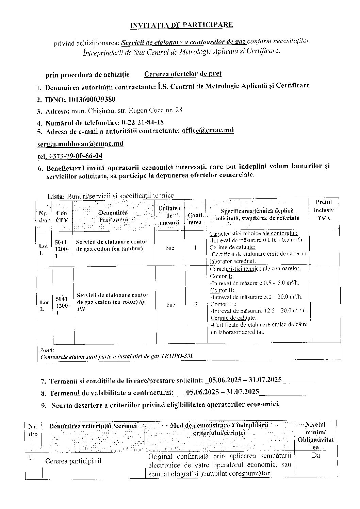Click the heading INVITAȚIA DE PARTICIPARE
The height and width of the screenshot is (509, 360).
click(182, 25)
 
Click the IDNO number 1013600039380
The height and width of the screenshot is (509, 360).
click(92, 99)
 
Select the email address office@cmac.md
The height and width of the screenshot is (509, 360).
click(208, 130)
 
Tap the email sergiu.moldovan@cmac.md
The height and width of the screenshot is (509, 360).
click(80, 143)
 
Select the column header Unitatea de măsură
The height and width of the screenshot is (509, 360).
click(169, 215)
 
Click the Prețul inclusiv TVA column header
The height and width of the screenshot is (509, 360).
click(324, 210)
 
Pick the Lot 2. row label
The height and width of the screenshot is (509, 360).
click(44, 305)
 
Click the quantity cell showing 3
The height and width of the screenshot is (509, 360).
click(196, 305)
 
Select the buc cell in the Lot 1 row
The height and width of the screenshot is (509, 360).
click(170, 248)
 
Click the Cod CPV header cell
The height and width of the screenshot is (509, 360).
click(62, 216)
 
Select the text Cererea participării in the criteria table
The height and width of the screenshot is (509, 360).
click(73, 461)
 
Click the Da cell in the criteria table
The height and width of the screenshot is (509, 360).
click(316, 456)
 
